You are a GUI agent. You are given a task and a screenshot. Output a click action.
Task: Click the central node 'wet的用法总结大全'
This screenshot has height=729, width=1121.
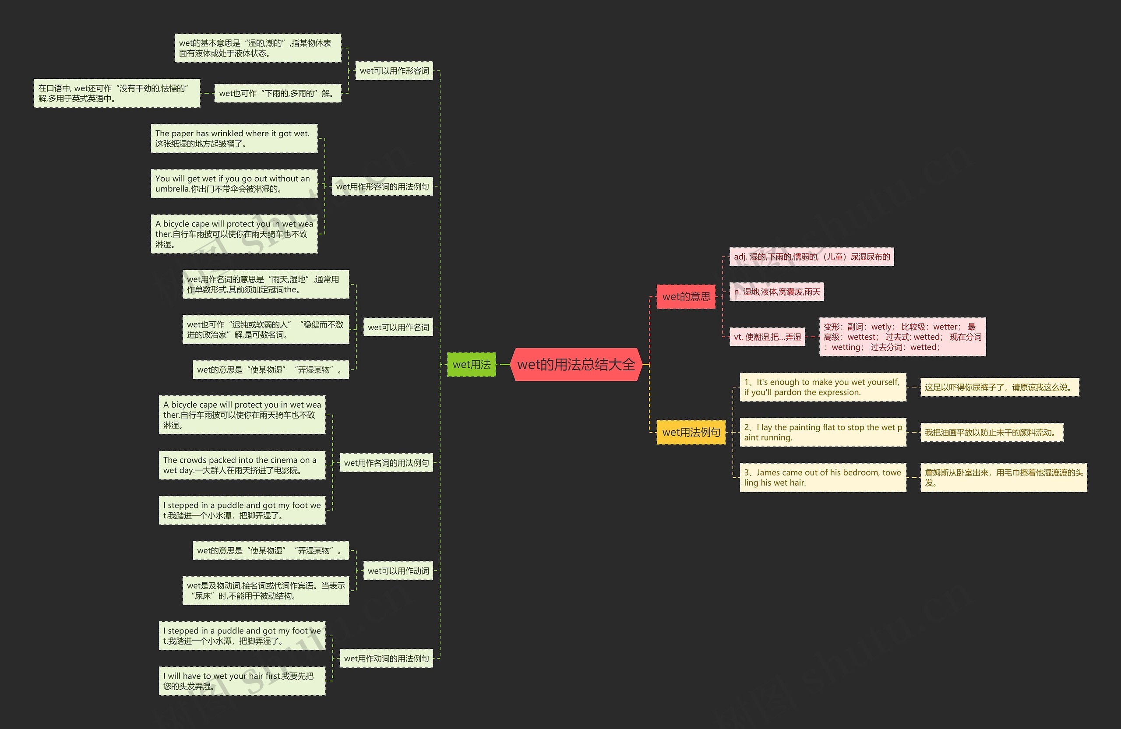pos(575,364)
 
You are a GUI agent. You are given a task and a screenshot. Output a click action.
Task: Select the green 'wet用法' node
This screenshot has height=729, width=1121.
pos(471,364)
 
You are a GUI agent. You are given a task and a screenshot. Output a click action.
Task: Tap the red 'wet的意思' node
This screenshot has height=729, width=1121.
pos(686,297)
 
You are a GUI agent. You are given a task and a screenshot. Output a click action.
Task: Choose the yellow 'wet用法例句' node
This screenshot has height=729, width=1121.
pos(691,432)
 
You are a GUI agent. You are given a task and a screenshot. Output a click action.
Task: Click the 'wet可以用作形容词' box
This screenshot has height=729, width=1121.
pos(394,70)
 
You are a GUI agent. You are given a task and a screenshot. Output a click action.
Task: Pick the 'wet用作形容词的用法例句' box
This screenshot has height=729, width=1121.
pos(382,187)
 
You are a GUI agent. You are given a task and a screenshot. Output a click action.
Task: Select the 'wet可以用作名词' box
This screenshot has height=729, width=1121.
pos(398,328)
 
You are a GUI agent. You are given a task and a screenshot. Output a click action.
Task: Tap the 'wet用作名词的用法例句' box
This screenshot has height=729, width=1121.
pos(386,463)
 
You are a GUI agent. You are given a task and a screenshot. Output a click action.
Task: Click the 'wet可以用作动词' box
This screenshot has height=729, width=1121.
pos(398,571)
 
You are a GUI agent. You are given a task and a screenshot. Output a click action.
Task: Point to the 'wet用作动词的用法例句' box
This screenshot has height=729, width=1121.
pos(386,659)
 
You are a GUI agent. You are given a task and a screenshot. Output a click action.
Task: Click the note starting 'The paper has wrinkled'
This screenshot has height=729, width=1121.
pos(234,138)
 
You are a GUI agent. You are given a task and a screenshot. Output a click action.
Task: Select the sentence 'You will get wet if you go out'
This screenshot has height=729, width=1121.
pos(234,183)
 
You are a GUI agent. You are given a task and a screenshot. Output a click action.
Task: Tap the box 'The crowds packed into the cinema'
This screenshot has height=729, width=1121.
pos(242,465)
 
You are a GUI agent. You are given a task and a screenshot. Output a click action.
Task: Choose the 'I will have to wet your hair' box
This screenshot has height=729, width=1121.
pos(242,681)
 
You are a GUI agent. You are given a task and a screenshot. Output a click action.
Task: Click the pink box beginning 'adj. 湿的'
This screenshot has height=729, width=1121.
pos(811,257)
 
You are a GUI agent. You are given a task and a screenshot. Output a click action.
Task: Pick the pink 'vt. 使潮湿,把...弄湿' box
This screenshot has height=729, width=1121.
pos(767,337)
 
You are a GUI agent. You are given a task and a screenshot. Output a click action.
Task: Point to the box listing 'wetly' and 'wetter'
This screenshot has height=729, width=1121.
pos(902,337)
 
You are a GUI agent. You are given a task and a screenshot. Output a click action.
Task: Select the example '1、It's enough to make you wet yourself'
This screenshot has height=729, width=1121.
pos(822,387)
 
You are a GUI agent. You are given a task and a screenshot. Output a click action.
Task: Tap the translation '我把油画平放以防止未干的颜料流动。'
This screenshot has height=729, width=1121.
pos(991,432)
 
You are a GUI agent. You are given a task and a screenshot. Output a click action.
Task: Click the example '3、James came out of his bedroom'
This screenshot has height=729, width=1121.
pos(822,478)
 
